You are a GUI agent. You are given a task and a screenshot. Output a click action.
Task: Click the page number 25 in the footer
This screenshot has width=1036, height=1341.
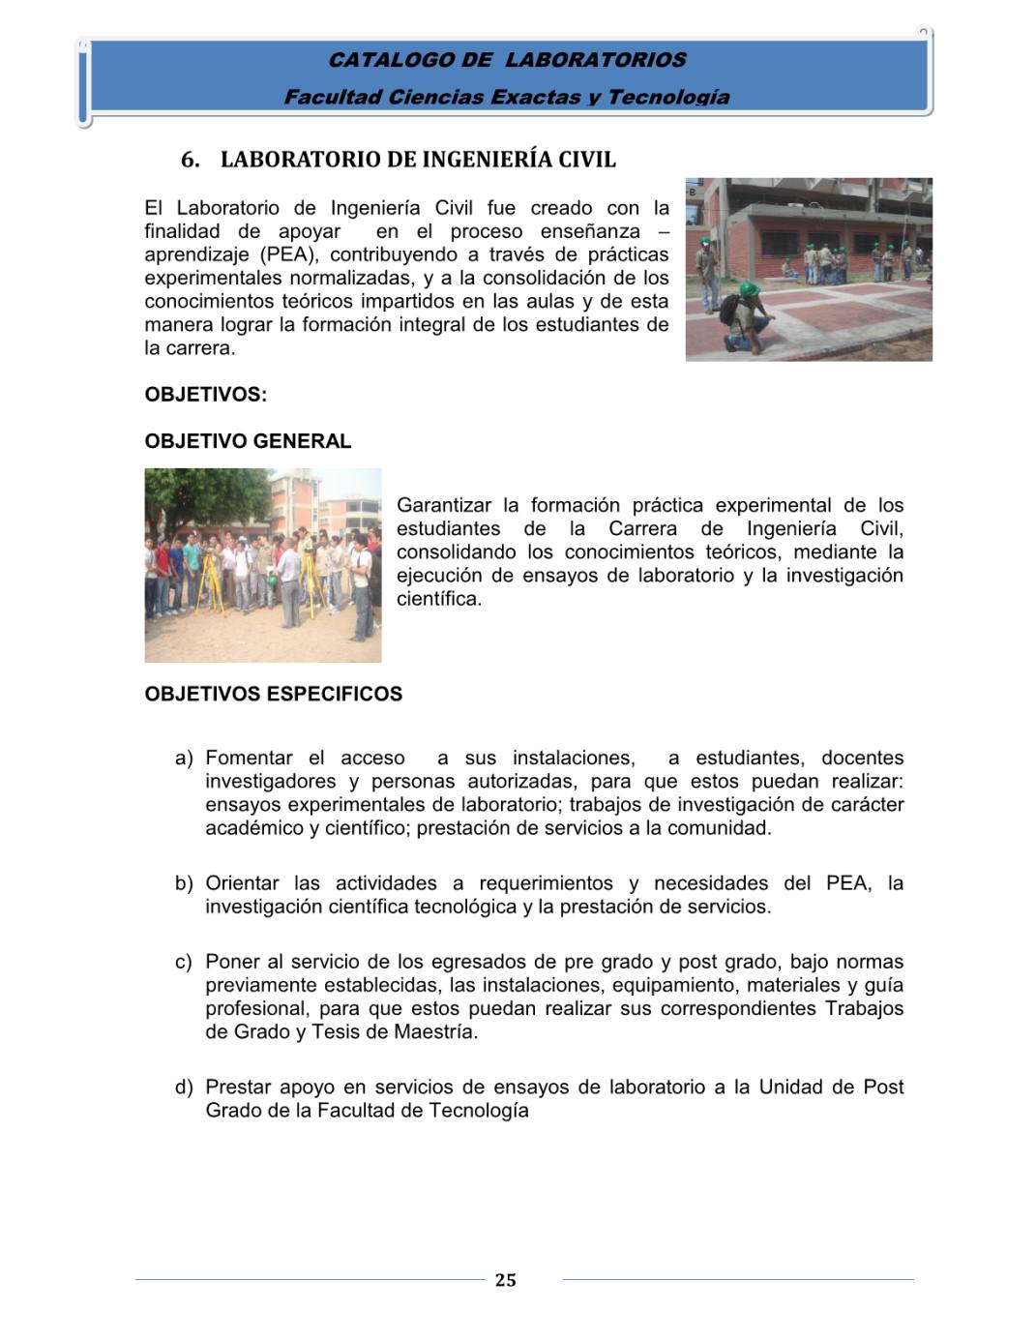505,1280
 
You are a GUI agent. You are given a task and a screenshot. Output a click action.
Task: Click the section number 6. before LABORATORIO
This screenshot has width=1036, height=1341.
191,160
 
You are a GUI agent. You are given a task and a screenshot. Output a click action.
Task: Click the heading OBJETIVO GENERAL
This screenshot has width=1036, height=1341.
248,441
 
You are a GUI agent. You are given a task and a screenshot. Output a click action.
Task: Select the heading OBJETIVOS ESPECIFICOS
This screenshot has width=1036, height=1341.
273,694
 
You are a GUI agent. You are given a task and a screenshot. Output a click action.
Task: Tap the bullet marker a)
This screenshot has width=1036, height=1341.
184,759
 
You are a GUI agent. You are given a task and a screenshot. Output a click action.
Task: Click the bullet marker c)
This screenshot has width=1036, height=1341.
184,963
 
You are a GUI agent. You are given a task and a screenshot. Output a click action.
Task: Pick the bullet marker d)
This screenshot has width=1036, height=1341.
184,1088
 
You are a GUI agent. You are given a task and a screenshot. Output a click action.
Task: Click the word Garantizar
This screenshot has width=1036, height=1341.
444,505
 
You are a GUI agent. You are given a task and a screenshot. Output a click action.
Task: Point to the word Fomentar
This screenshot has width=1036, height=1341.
249,758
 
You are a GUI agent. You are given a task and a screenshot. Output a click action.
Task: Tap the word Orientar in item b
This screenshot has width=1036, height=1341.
243,883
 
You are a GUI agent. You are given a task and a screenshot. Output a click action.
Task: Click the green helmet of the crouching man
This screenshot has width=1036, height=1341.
748,288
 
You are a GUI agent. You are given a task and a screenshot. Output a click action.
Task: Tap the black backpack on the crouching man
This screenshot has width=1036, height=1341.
728,310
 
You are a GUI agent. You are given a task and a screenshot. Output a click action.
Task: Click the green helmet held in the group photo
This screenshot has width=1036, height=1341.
274,581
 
